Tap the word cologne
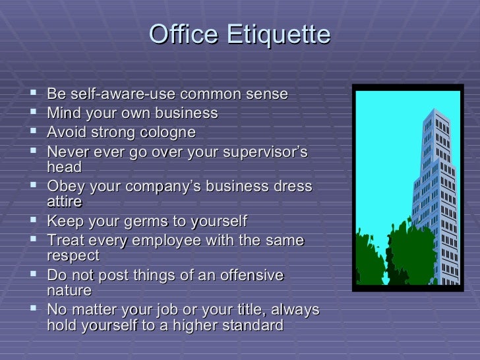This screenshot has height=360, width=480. click(167, 133)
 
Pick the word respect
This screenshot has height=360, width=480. click(73, 256)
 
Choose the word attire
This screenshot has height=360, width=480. click(65, 202)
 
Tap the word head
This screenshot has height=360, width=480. click(64, 167)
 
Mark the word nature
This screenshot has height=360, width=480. click(69, 291)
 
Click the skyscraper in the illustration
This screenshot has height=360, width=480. click(436, 191)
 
